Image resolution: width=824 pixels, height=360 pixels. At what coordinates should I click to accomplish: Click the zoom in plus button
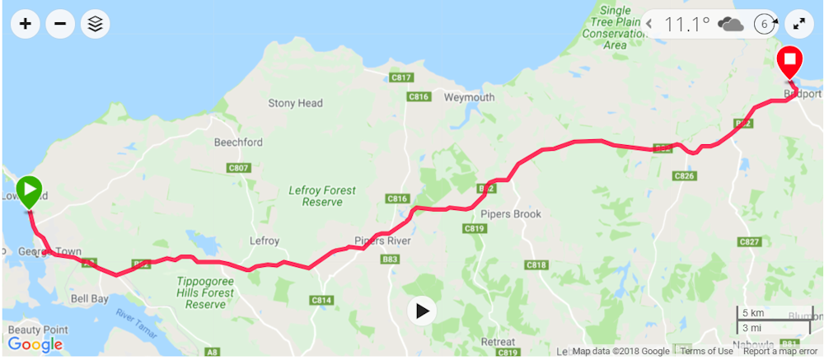(26, 24)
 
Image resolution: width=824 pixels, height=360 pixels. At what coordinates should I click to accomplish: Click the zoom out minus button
(60, 24)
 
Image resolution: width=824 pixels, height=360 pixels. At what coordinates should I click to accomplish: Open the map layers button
(96, 24)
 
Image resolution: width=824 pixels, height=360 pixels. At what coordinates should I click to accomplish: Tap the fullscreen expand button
(798, 24)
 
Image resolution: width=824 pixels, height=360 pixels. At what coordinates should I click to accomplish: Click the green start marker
(29, 191)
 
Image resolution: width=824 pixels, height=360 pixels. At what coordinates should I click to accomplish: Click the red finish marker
(790, 61)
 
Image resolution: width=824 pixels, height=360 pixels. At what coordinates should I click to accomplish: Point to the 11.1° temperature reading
(687, 24)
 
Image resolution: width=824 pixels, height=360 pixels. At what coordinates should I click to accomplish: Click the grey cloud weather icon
(731, 24)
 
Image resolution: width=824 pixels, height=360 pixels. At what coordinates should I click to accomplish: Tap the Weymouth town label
(469, 96)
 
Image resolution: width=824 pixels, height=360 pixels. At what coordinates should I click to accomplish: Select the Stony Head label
(295, 103)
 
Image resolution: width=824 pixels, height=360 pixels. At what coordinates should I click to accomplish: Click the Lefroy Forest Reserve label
(322, 196)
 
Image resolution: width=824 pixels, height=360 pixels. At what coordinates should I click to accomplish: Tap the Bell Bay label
(90, 299)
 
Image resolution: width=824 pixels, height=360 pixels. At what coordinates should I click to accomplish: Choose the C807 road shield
(238, 168)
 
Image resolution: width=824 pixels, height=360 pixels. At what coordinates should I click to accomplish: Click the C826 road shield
(684, 175)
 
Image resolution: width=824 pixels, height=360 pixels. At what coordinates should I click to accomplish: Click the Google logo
(35, 344)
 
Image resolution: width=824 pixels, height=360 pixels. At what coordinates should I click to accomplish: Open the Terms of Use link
(706, 352)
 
